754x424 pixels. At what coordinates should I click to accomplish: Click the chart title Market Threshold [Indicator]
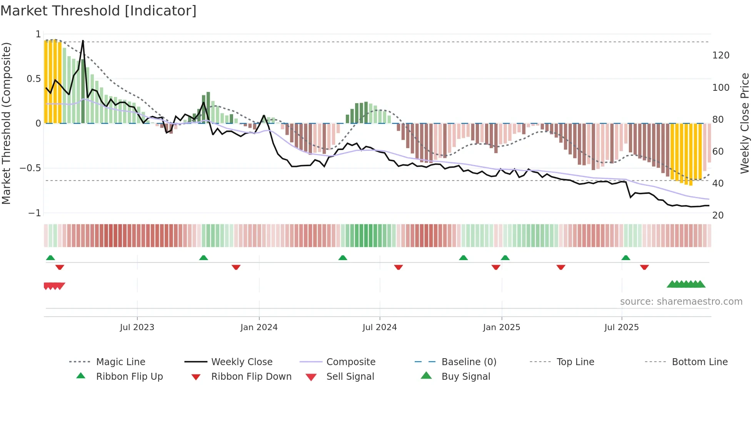(x=98, y=11)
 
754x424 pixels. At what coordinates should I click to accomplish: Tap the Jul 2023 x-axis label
(x=137, y=327)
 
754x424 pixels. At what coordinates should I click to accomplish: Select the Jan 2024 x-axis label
(x=259, y=327)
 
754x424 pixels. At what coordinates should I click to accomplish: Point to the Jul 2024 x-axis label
(x=380, y=327)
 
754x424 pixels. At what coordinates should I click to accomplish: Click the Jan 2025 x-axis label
(x=502, y=327)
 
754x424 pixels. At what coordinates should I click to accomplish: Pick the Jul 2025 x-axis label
(x=622, y=327)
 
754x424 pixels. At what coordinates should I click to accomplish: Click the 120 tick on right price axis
(x=721, y=55)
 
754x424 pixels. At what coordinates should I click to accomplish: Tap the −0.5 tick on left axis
(x=30, y=168)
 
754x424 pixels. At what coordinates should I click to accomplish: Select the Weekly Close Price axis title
(x=745, y=123)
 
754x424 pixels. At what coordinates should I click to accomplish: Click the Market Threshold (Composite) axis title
(x=6, y=123)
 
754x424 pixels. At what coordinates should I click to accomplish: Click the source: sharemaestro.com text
(x=681, y=302)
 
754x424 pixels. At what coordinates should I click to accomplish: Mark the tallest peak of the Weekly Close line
(x=83, y=41)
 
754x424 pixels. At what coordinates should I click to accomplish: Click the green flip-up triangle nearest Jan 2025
(x=505, y=258)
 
